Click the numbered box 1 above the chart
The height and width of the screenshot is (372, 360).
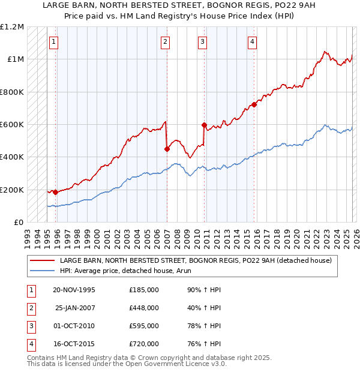[x=55, y=41]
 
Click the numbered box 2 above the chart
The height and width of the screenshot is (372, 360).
[x=165, y=41]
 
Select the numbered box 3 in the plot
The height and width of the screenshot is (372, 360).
[x=203, y=41]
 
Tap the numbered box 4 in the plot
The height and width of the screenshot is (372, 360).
[x=253, y=41]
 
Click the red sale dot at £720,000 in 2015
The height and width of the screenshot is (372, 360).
[x=254, y=104]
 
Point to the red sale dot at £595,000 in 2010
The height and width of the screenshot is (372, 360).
[x=204, y=125]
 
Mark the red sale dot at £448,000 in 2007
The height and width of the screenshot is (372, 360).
[x=167, y=149]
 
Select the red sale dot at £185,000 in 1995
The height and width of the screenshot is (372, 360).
[x=55, y=192]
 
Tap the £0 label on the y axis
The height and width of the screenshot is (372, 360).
[x=17, y=222]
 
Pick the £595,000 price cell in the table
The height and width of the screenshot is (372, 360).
[x=144, y=326]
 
